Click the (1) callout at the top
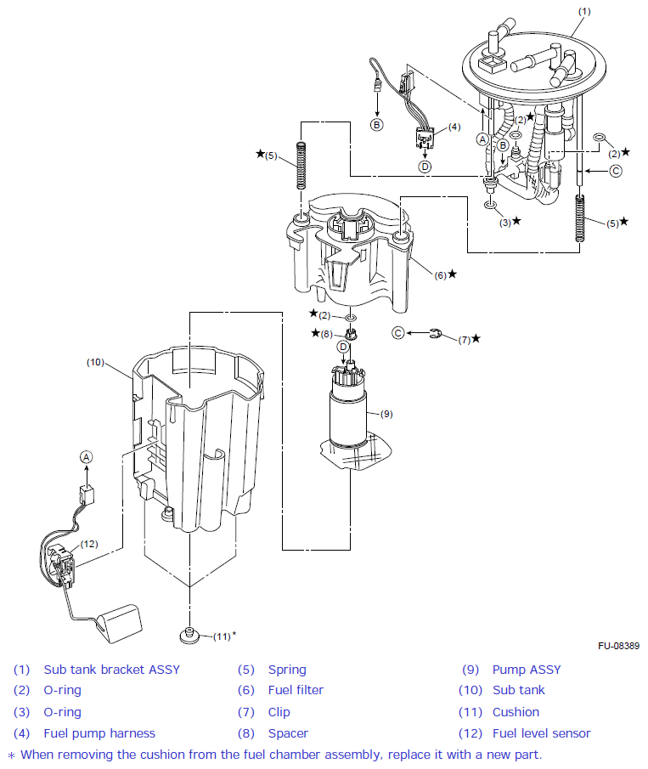point(583,11)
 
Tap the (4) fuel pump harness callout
point(454,127)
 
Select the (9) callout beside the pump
point(386,414)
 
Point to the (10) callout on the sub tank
point(95,362)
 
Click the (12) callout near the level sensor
point(89,544)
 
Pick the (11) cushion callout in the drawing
point(223,636)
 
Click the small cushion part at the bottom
point(189,634)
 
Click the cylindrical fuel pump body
point(349,416)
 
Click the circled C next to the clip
point(397,332)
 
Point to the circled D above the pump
point(343,347)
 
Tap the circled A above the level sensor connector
point(85,456)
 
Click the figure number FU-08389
point(617,647)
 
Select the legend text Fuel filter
point(296,690)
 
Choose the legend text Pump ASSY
point(527,670)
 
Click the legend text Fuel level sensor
point(541,733)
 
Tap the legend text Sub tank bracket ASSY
point(111,670)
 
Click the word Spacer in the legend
point(288,733)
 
